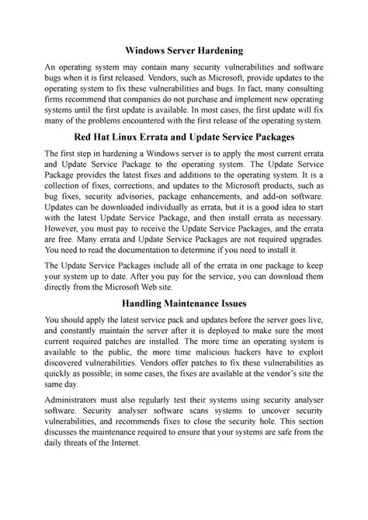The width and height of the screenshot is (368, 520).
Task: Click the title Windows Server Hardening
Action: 183,50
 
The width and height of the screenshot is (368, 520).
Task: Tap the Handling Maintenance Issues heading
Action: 183,303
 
